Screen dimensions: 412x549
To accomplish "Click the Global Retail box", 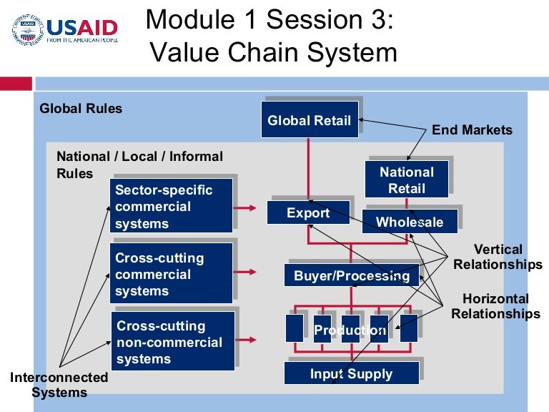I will [x=309, y=119].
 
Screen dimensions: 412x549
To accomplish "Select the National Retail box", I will [x=406, y=180].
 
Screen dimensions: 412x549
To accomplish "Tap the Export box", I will [x=308, y=212].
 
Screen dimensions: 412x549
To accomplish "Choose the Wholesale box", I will [x=409, y=222].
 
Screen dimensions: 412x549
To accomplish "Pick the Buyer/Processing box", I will [x=351, y=275].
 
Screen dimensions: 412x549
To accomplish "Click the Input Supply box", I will [x=350, y=373].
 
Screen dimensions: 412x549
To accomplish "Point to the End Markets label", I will [x=472, y=129].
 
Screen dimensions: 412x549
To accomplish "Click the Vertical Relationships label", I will [x=498, y=257].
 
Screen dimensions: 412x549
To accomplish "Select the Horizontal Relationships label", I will [x=495, y=306].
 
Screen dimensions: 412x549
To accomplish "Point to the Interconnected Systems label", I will [x=59, y=384].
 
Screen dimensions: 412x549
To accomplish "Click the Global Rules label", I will [x=81, y=109].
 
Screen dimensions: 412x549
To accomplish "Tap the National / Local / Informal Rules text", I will [x=139, y=164].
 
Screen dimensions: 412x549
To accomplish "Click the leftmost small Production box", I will [x=294, y=328].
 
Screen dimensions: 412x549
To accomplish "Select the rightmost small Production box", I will [x=408, y=328].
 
